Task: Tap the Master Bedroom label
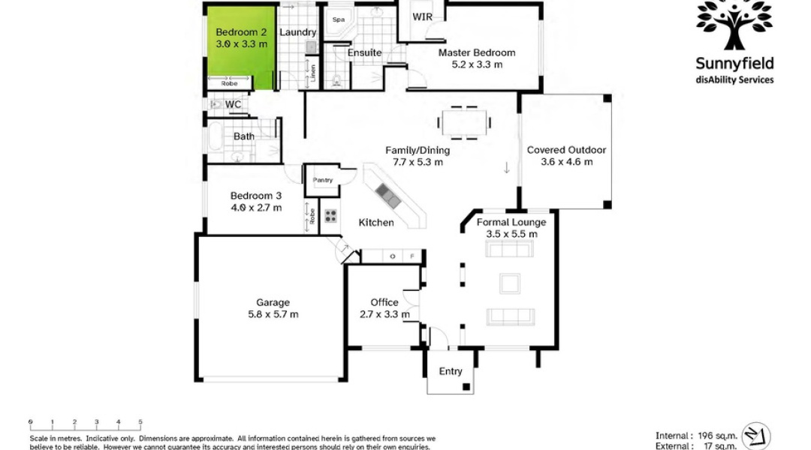tap(477, 52)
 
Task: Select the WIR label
tap(422, 16)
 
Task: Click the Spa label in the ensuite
tap(339, 19)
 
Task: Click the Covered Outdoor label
tap(566, 150)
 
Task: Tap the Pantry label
tap(323, 180)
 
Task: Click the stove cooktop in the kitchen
tap(330, 217)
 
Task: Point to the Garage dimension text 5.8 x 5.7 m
tap(273, 314)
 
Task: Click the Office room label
tap(384, 302)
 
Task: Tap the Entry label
tap(451, 371)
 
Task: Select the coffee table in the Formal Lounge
tap(511, 283)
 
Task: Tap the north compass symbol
tap(755, 436)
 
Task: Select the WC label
tap(233, 104)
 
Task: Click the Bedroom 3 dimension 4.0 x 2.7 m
tap(256, 208)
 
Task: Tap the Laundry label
tap(298, 32)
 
